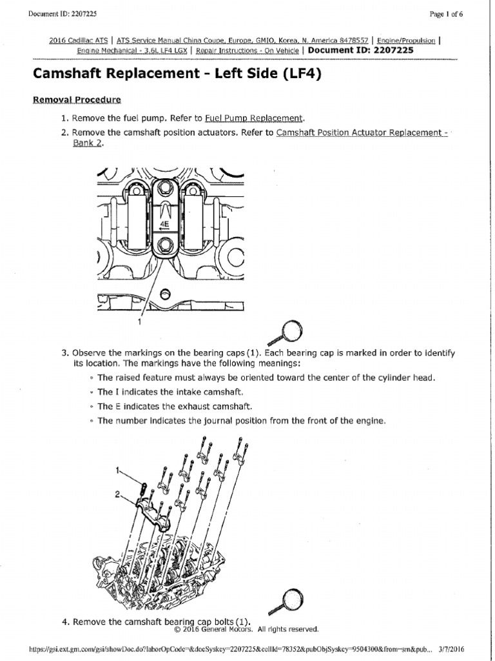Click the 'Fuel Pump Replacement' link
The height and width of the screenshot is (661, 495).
point(253,118)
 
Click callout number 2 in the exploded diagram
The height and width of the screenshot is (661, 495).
point(118,494)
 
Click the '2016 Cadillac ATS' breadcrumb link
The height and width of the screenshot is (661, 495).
point(78,40)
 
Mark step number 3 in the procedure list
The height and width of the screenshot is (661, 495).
point(64,353)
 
